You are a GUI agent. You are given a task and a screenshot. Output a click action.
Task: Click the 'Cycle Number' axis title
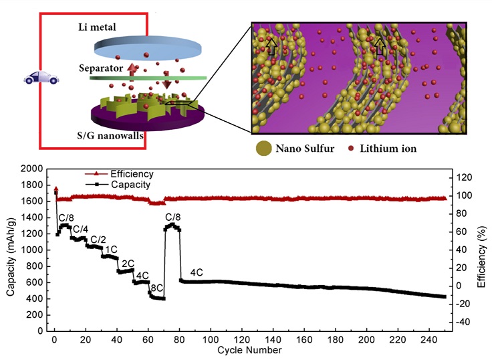tap(250, 350)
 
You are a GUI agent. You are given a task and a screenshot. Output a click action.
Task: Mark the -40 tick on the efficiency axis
tap(463, 322)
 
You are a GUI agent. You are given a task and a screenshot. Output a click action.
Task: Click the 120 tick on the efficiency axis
tap(463, 177)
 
